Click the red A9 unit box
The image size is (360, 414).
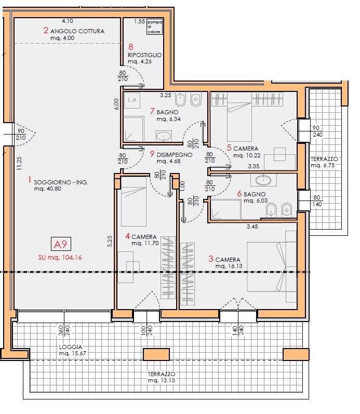[61, 244]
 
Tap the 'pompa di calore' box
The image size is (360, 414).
[154, 26]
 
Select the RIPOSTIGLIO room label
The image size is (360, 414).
[144, 55]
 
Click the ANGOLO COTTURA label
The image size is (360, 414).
[77, 31]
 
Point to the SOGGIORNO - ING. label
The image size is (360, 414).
[61, 182]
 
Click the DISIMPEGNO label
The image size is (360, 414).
[175, 155]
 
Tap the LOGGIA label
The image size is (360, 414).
[71, 347]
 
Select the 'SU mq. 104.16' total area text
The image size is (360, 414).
[60, 258]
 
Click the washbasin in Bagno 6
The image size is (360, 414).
[263, 181]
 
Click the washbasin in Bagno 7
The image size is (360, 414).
[164, 137]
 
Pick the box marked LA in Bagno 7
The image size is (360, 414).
[132, 100]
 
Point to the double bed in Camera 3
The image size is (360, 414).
[271, 266]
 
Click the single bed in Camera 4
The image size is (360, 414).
[134, 202]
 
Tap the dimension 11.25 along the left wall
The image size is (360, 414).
[19, 164]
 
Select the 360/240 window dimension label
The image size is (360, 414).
[64, 330]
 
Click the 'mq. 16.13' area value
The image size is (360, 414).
[229, 266]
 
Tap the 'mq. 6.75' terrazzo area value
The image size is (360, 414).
[323, 166]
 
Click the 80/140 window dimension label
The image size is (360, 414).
[317, 201]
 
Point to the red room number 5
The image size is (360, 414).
[229, 148]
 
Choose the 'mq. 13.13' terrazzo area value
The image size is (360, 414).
[162, 380]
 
